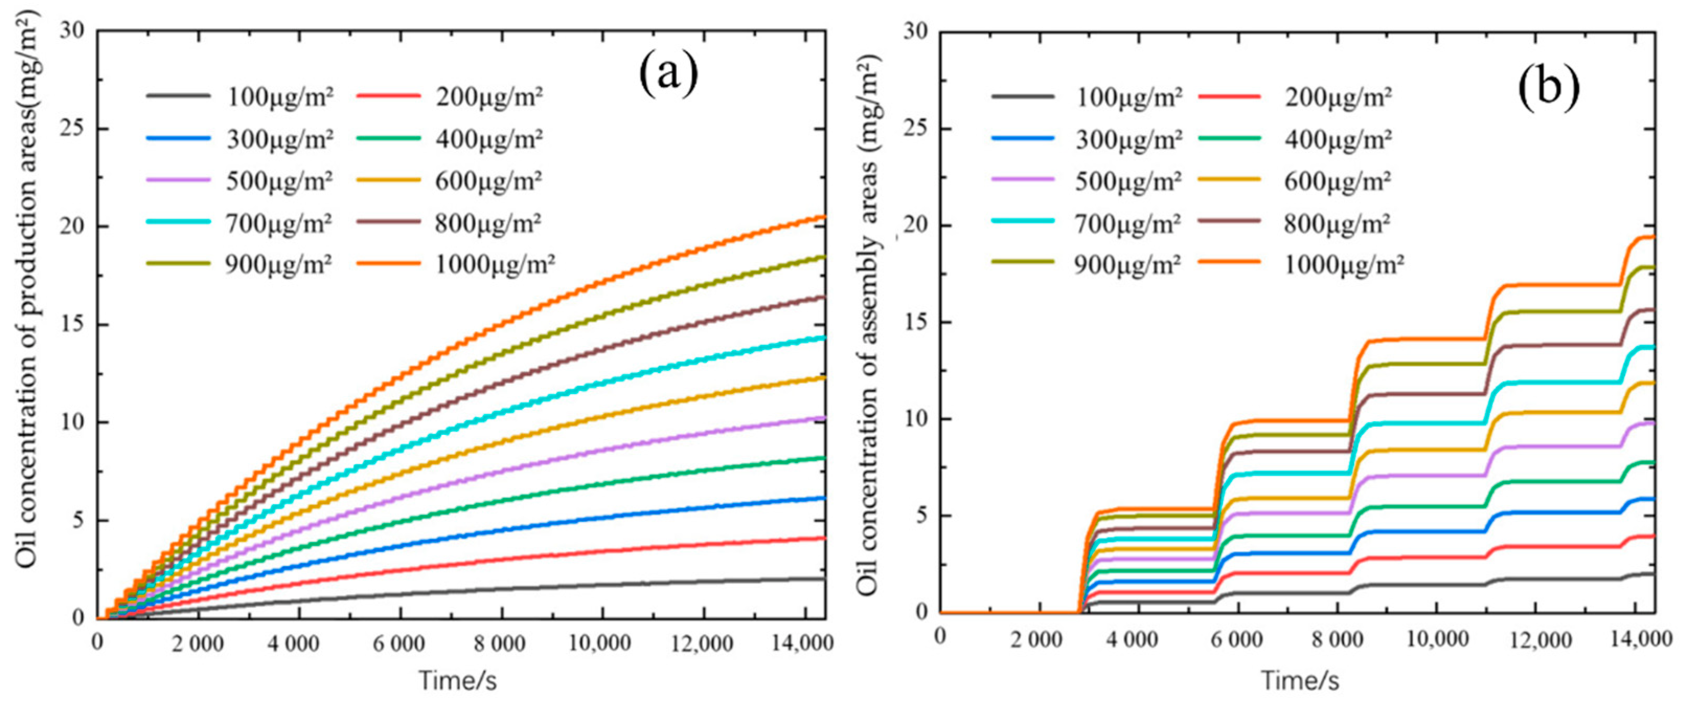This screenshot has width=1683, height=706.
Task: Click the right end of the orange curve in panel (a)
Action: click(825, 217)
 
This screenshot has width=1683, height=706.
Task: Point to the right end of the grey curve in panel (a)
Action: click(825, 579)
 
